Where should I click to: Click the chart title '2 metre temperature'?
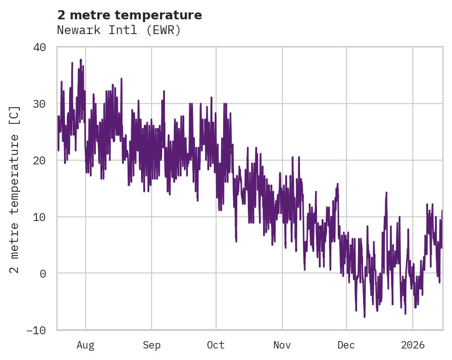129,15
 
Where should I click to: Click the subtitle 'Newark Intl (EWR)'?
119,30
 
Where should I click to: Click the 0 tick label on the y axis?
44,273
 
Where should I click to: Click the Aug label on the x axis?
86,345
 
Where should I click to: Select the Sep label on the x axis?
151,345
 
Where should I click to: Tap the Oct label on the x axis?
216,345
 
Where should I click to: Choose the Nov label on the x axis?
282,345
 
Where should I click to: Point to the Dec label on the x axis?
346,345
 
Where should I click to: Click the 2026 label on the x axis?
413,345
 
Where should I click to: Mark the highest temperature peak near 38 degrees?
81,60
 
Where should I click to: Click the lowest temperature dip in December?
364,316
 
